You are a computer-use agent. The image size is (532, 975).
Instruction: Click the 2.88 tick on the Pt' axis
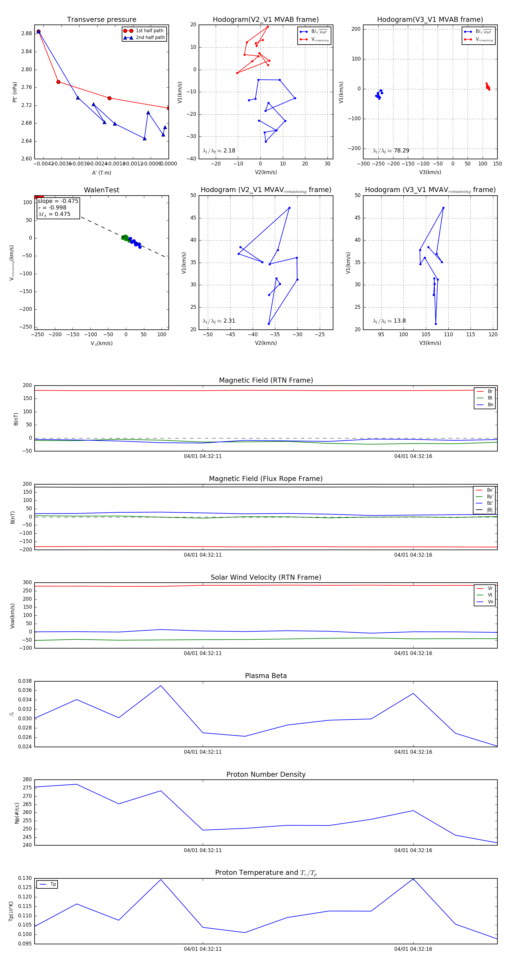[27, 33]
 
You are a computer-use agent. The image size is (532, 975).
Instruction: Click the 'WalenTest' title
[101, 190]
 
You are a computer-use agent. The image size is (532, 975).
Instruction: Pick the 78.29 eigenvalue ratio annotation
[401, 151]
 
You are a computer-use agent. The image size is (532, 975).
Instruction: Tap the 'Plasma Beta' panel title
[266, 676]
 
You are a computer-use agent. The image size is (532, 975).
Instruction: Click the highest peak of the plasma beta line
[161, 685]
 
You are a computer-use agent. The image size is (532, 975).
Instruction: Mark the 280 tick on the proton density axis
[27, 779]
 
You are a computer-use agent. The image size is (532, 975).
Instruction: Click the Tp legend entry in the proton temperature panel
[53, 884]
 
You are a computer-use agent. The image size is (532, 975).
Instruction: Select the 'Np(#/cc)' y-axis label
[17, 812]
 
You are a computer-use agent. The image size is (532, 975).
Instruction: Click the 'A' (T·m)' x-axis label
[101, 173]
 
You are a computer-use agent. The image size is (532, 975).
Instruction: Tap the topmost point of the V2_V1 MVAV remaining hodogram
[289, 208]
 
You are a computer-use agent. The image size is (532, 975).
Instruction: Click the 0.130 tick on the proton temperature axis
[25, 878]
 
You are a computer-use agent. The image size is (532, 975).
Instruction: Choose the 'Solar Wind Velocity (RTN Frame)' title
[266, 577]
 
